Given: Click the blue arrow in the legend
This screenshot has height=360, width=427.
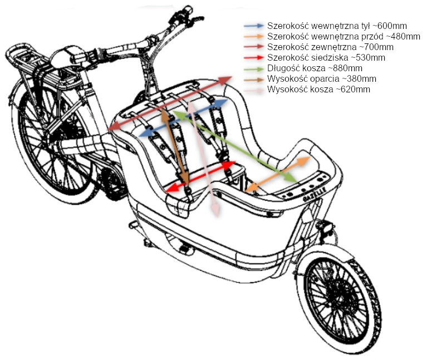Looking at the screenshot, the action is [x=254, y=26].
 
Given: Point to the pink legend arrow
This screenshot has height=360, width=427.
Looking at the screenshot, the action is [x=254, y=90].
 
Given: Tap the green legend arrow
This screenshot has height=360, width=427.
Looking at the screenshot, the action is [x=254, y=69].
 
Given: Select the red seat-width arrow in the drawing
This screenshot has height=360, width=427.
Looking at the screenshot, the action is [x=200, y=177].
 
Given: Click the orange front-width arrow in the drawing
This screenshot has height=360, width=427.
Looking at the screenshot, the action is [x=278, y=174].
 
